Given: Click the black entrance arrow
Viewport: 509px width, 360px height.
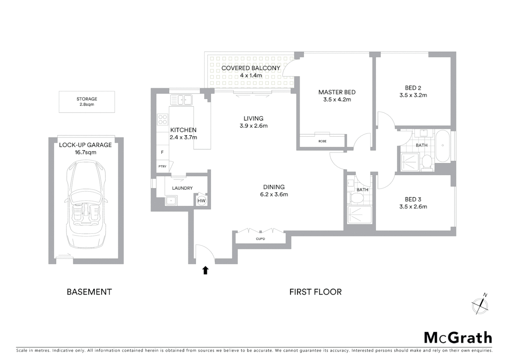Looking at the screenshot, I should click(206, 270).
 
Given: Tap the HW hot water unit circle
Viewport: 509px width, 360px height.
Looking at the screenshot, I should click(202, 201).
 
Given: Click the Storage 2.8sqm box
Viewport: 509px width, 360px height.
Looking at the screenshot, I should click(87, 102).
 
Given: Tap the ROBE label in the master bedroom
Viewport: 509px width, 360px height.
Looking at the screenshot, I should click(322, 141).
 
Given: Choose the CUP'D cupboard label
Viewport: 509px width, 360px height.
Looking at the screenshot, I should click(260, 239).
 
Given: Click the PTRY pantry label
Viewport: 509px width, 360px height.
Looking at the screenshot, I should click(162, 166).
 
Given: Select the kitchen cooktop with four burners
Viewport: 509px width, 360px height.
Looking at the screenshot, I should click(163, 119).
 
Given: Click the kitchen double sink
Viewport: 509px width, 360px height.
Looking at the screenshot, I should click(181, 100).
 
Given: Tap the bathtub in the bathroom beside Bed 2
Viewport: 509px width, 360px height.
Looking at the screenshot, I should click(443, 146).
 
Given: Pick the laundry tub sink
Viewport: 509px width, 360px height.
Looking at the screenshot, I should click(171, 201).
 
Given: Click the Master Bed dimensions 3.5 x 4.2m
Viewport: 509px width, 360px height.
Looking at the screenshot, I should click(337, 99).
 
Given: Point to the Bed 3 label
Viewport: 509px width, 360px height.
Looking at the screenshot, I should click(413, 199).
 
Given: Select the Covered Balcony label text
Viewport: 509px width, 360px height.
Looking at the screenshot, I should click(251, 68).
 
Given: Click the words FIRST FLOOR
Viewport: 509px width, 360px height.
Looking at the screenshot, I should click(315, 292).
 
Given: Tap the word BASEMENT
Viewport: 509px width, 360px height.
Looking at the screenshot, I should click(89, 292).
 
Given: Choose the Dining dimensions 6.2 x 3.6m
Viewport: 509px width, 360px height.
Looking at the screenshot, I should click(274, 194).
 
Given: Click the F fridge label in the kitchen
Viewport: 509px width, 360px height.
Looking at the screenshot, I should click(162, 152).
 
